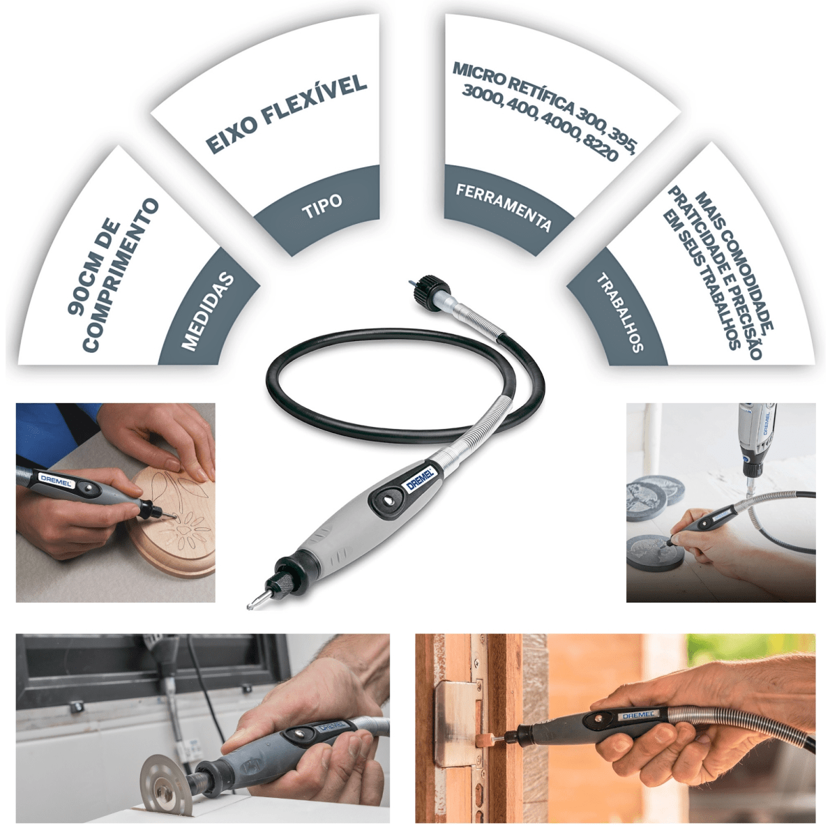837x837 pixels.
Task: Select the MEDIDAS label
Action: pos(207,311)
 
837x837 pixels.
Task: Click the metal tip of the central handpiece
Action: pos(252,601)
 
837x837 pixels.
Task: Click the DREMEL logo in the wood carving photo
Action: pos(55,479)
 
